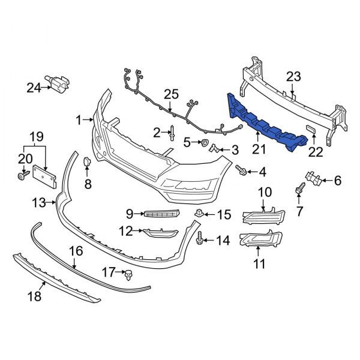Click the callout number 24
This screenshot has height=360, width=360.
coord(34,88)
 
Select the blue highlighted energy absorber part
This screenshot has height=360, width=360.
coord(264,122)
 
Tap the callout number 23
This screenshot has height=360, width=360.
coord(293,76)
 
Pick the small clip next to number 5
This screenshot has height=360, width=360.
coord(205,143)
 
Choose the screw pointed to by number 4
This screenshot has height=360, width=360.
coord(241,171)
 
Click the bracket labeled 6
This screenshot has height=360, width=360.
coord(311,176)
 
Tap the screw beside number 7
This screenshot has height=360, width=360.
coord(298,191)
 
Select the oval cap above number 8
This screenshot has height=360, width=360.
coord(87,161)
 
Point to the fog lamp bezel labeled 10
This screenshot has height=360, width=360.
coord(265,216)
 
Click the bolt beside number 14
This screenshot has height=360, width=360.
coord(199,239)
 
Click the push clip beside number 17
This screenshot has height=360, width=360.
coord(128,274)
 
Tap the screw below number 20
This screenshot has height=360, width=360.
coord(22,176)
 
